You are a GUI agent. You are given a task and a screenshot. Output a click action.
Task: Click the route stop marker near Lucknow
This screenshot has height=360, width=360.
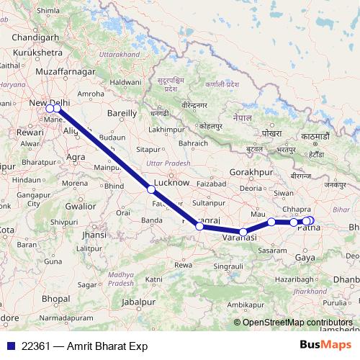[151, 189]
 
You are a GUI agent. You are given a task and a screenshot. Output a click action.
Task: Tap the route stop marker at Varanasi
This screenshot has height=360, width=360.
[244, 232]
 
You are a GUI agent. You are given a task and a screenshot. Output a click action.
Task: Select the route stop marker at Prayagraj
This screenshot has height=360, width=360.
[199, 226]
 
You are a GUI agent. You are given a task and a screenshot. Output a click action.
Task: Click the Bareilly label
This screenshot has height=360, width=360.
[122, 113]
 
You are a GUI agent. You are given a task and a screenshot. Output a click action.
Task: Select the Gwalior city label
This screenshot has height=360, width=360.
[80, 206]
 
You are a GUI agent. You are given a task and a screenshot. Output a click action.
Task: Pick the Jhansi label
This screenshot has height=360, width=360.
[94, 235]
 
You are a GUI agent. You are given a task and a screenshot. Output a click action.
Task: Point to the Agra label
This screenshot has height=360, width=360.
[76, 156]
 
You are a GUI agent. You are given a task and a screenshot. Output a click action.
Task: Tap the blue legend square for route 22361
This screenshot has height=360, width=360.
[9, 346]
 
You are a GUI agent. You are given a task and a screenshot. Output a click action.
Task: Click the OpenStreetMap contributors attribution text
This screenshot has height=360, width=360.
[297, 323]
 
